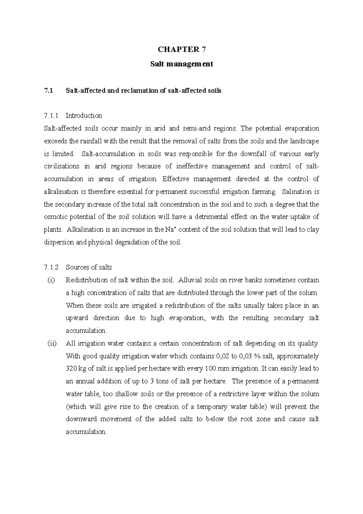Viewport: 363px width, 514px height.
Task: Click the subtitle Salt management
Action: click(x=181, y=64)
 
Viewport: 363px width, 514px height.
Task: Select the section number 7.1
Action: click(x=48, y=91)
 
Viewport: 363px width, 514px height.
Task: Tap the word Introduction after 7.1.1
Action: click(x=84, y=116)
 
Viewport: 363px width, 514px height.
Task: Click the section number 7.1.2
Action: click(x=51, y=267)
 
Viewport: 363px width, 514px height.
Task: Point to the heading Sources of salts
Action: click(x=89, y=267)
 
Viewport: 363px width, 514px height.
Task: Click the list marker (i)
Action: click(x=51, y=280)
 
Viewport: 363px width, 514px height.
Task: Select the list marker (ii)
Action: click(x=52, y=344)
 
